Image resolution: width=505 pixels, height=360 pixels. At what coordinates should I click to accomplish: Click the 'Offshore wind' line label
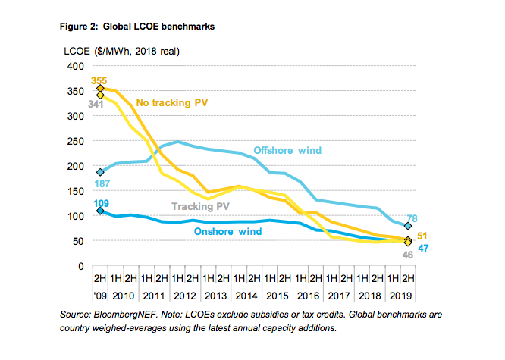point(287,150)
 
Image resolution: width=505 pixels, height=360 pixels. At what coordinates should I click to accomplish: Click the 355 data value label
point(99,80)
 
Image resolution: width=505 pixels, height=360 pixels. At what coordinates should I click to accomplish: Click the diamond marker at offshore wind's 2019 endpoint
point(408,226)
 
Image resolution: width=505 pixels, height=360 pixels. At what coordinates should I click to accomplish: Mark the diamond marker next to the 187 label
point(99,172)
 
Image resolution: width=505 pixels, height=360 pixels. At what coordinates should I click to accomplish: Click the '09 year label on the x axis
point(99,295)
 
